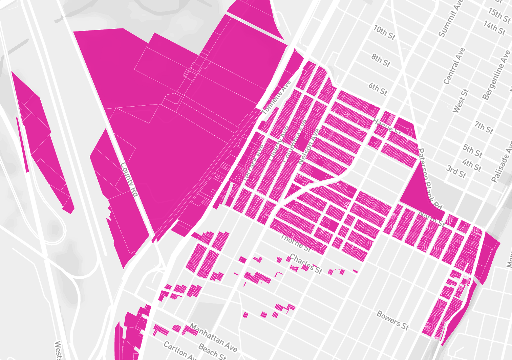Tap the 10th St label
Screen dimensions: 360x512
pyautogui.click(x=384, y=32)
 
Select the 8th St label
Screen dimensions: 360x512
pyautogui.click(x=381, y=60)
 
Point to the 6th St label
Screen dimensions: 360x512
pyautogui.click(x=378, y=89)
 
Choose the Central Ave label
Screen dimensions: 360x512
pyautogui.click(x=454, y=66)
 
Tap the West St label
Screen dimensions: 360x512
pyautogui.click(x=461, y=100)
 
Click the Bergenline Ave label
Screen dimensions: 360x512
pyautogui.click(x=496, y=75)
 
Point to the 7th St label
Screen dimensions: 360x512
pyautogui.click(x=484, y=127)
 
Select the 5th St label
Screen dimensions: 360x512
pyautogui.click(x=472, y=151)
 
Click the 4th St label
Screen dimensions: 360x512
pyautogui.click(x=471, y=165)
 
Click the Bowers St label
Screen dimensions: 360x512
pyautogui.click(x=393, y=320)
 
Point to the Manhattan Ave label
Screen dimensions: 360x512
pyautogui.click(x=213, y=337)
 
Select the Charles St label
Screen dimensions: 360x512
pyautogui.click(x=306, y=264)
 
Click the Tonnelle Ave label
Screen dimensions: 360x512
pyautogui.click(x=277, y=97)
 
